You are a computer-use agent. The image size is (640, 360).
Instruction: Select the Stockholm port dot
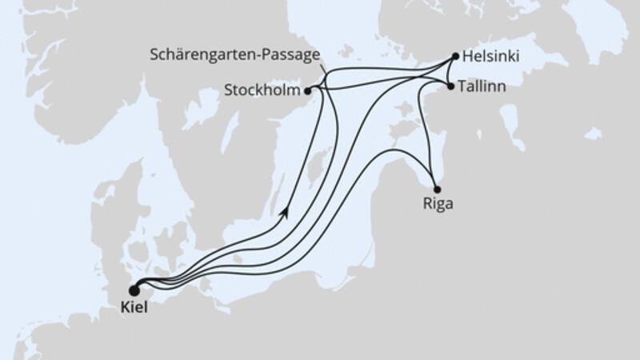pos(308,90)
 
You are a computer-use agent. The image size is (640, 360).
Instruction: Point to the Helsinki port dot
pos(455,57)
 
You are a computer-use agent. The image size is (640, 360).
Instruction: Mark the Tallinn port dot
pos(450,86)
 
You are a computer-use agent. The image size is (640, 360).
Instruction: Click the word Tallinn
pos(482,86)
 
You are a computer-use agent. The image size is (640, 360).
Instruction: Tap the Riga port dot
pos(436,189)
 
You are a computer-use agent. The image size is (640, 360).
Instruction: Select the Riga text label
pos(438,204)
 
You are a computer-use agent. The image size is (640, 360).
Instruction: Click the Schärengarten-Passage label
pos(236,54)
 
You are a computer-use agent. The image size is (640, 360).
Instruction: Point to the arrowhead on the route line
pos(284,212)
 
